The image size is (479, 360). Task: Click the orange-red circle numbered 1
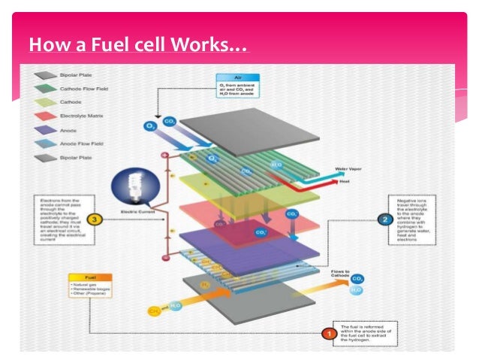click(x=329, y=332)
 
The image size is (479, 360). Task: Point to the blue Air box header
click(x=237, y=77)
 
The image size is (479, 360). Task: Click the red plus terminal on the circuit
click(x=165, y=156)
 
